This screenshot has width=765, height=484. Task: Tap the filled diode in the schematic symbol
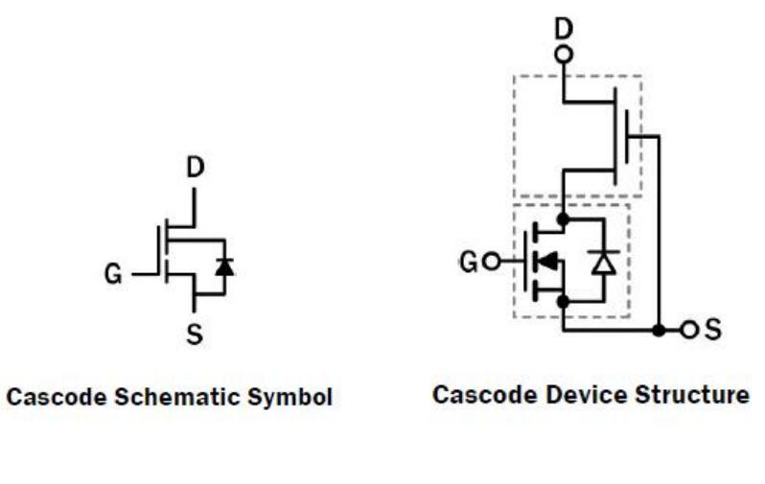pyautogui.click(x=224, y=267)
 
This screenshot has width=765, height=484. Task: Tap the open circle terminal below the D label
pyautogui.click(x=564, y=54)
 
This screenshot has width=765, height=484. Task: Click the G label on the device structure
pyautogui.click(x=469, y=260)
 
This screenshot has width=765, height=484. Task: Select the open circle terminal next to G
pyautogui.click(x=491, y=260)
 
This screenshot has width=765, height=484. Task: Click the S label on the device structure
pyautogui.click(x=712, y=331)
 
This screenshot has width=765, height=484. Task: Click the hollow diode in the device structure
pyautogui.click(x=603, y=261)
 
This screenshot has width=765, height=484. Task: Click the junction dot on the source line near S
pyautogui.click(x=659, y=331)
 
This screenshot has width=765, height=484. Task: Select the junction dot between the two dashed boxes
pyautogui.click(x=564, y=219)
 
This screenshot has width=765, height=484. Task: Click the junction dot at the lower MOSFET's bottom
pyautogui.click(x=564, y=302)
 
